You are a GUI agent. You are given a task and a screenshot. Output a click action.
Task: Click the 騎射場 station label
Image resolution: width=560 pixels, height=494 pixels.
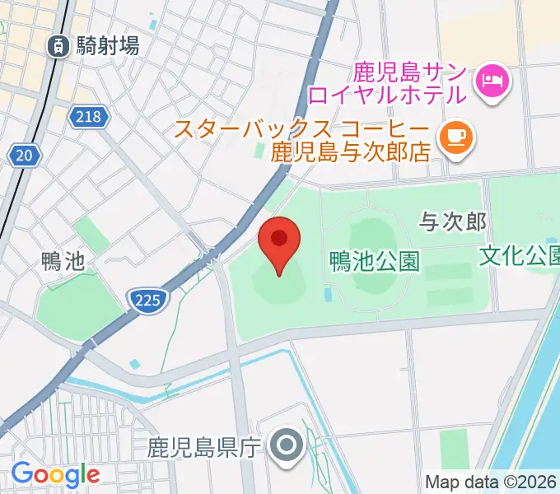click(x=107, y=47)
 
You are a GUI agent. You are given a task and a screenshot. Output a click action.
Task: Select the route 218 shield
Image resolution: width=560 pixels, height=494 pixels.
click(x=89, y=116)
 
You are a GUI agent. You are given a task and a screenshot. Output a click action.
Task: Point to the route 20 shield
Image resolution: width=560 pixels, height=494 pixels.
click(x=24, y=154)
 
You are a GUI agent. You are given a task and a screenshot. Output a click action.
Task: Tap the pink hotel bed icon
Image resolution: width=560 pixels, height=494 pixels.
click(x=492, y=80)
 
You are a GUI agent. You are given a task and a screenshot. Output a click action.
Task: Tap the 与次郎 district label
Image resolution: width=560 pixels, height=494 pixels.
click(x=453, y=220)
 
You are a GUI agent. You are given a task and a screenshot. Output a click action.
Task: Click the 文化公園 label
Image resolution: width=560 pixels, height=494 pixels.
click(x=520, y=256)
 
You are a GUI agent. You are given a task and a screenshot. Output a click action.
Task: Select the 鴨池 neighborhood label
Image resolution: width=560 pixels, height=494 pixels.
click(x=63, y=262)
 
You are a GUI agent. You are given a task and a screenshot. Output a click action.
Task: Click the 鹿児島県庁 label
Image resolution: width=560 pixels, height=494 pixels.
click(x=204, y=448)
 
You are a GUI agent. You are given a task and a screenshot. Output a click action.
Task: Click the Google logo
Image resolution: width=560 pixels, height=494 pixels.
click(x=55, y=474)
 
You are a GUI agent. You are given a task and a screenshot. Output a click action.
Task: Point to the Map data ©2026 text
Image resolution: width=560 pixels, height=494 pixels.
click(x=491, y=482)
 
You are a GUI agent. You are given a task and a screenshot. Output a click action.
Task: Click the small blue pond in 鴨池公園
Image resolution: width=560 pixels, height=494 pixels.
click(x=329, y=294)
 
